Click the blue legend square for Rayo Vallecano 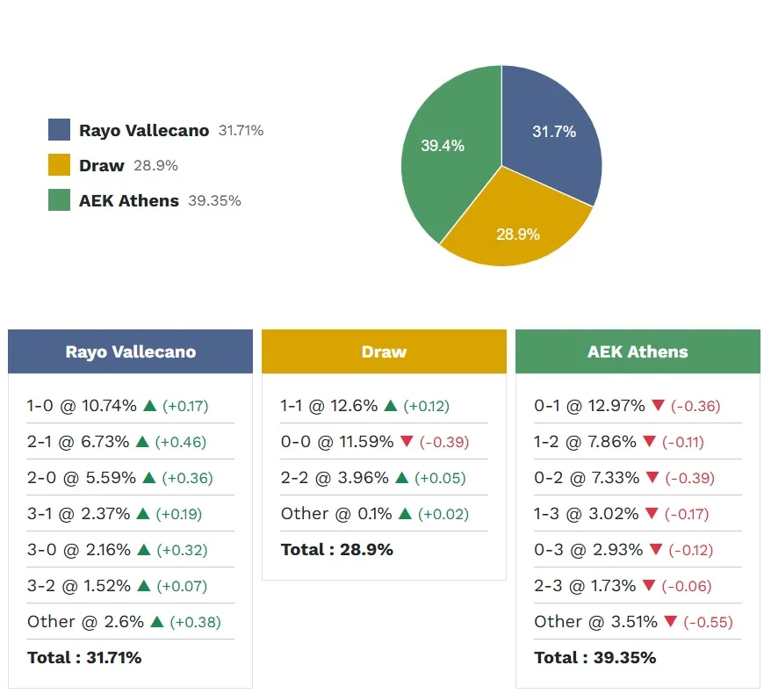point(59,130)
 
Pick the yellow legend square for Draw point(59,165)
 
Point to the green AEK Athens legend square point(59,200)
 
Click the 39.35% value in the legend point(214,200)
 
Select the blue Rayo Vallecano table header point(130,351)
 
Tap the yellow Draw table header point(384,351)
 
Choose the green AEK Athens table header point(638,351)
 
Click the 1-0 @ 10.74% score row point(82,406)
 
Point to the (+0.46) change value point(184,442)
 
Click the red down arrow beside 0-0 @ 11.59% point(406,442)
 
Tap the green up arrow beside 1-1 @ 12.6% point(391,406)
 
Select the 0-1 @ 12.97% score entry point(589,406)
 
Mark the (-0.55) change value point(708,622)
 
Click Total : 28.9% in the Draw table point(336,550)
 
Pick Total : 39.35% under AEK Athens point(595,657)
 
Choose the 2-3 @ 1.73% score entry point(585,586)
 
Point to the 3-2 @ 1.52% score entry point(78,586)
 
